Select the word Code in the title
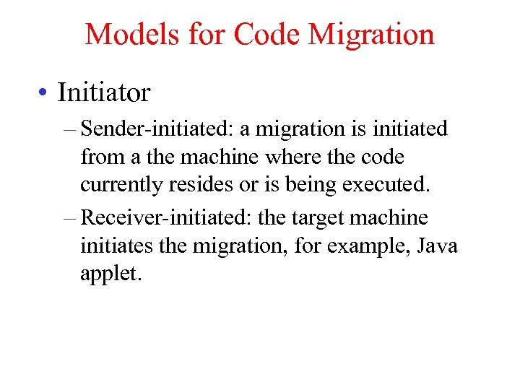262,35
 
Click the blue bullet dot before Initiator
45,93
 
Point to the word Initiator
103,92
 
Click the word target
315,218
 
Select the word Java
436,246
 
